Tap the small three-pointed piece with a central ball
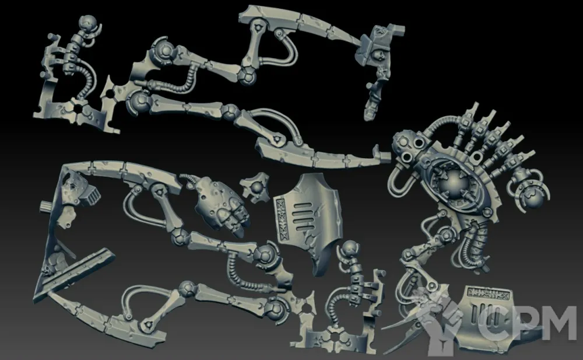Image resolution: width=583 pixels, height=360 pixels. coord(255,186)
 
